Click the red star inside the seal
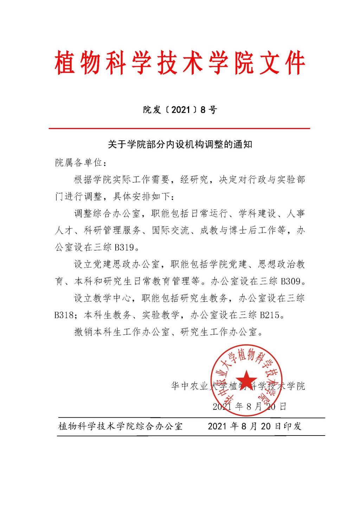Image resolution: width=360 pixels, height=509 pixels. click(246, 378)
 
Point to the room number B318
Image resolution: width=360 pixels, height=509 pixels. click(64, 315)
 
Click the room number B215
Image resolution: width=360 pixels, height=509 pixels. click(271, 315)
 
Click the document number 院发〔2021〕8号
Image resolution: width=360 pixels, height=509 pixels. click(180, 110)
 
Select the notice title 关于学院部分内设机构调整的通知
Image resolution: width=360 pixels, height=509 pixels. click(180, 144)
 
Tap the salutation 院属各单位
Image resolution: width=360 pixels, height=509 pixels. click(78, 163)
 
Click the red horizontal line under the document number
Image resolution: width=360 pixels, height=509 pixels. click(179, 129)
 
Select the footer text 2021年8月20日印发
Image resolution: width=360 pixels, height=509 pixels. click(255, 426)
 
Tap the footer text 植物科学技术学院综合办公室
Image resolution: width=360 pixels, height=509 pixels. click(120, 426)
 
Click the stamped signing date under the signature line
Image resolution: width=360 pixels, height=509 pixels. click(250, 407)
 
